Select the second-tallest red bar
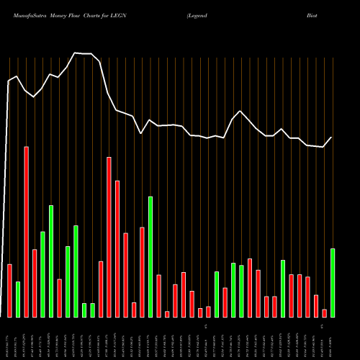(x=109, y=237)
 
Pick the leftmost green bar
(x=18, y=299)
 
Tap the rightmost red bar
(x=325, y=312)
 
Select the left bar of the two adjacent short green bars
(x=84, y=310)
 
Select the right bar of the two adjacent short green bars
(x=93, y=310)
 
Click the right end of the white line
(x=332, y=137)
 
